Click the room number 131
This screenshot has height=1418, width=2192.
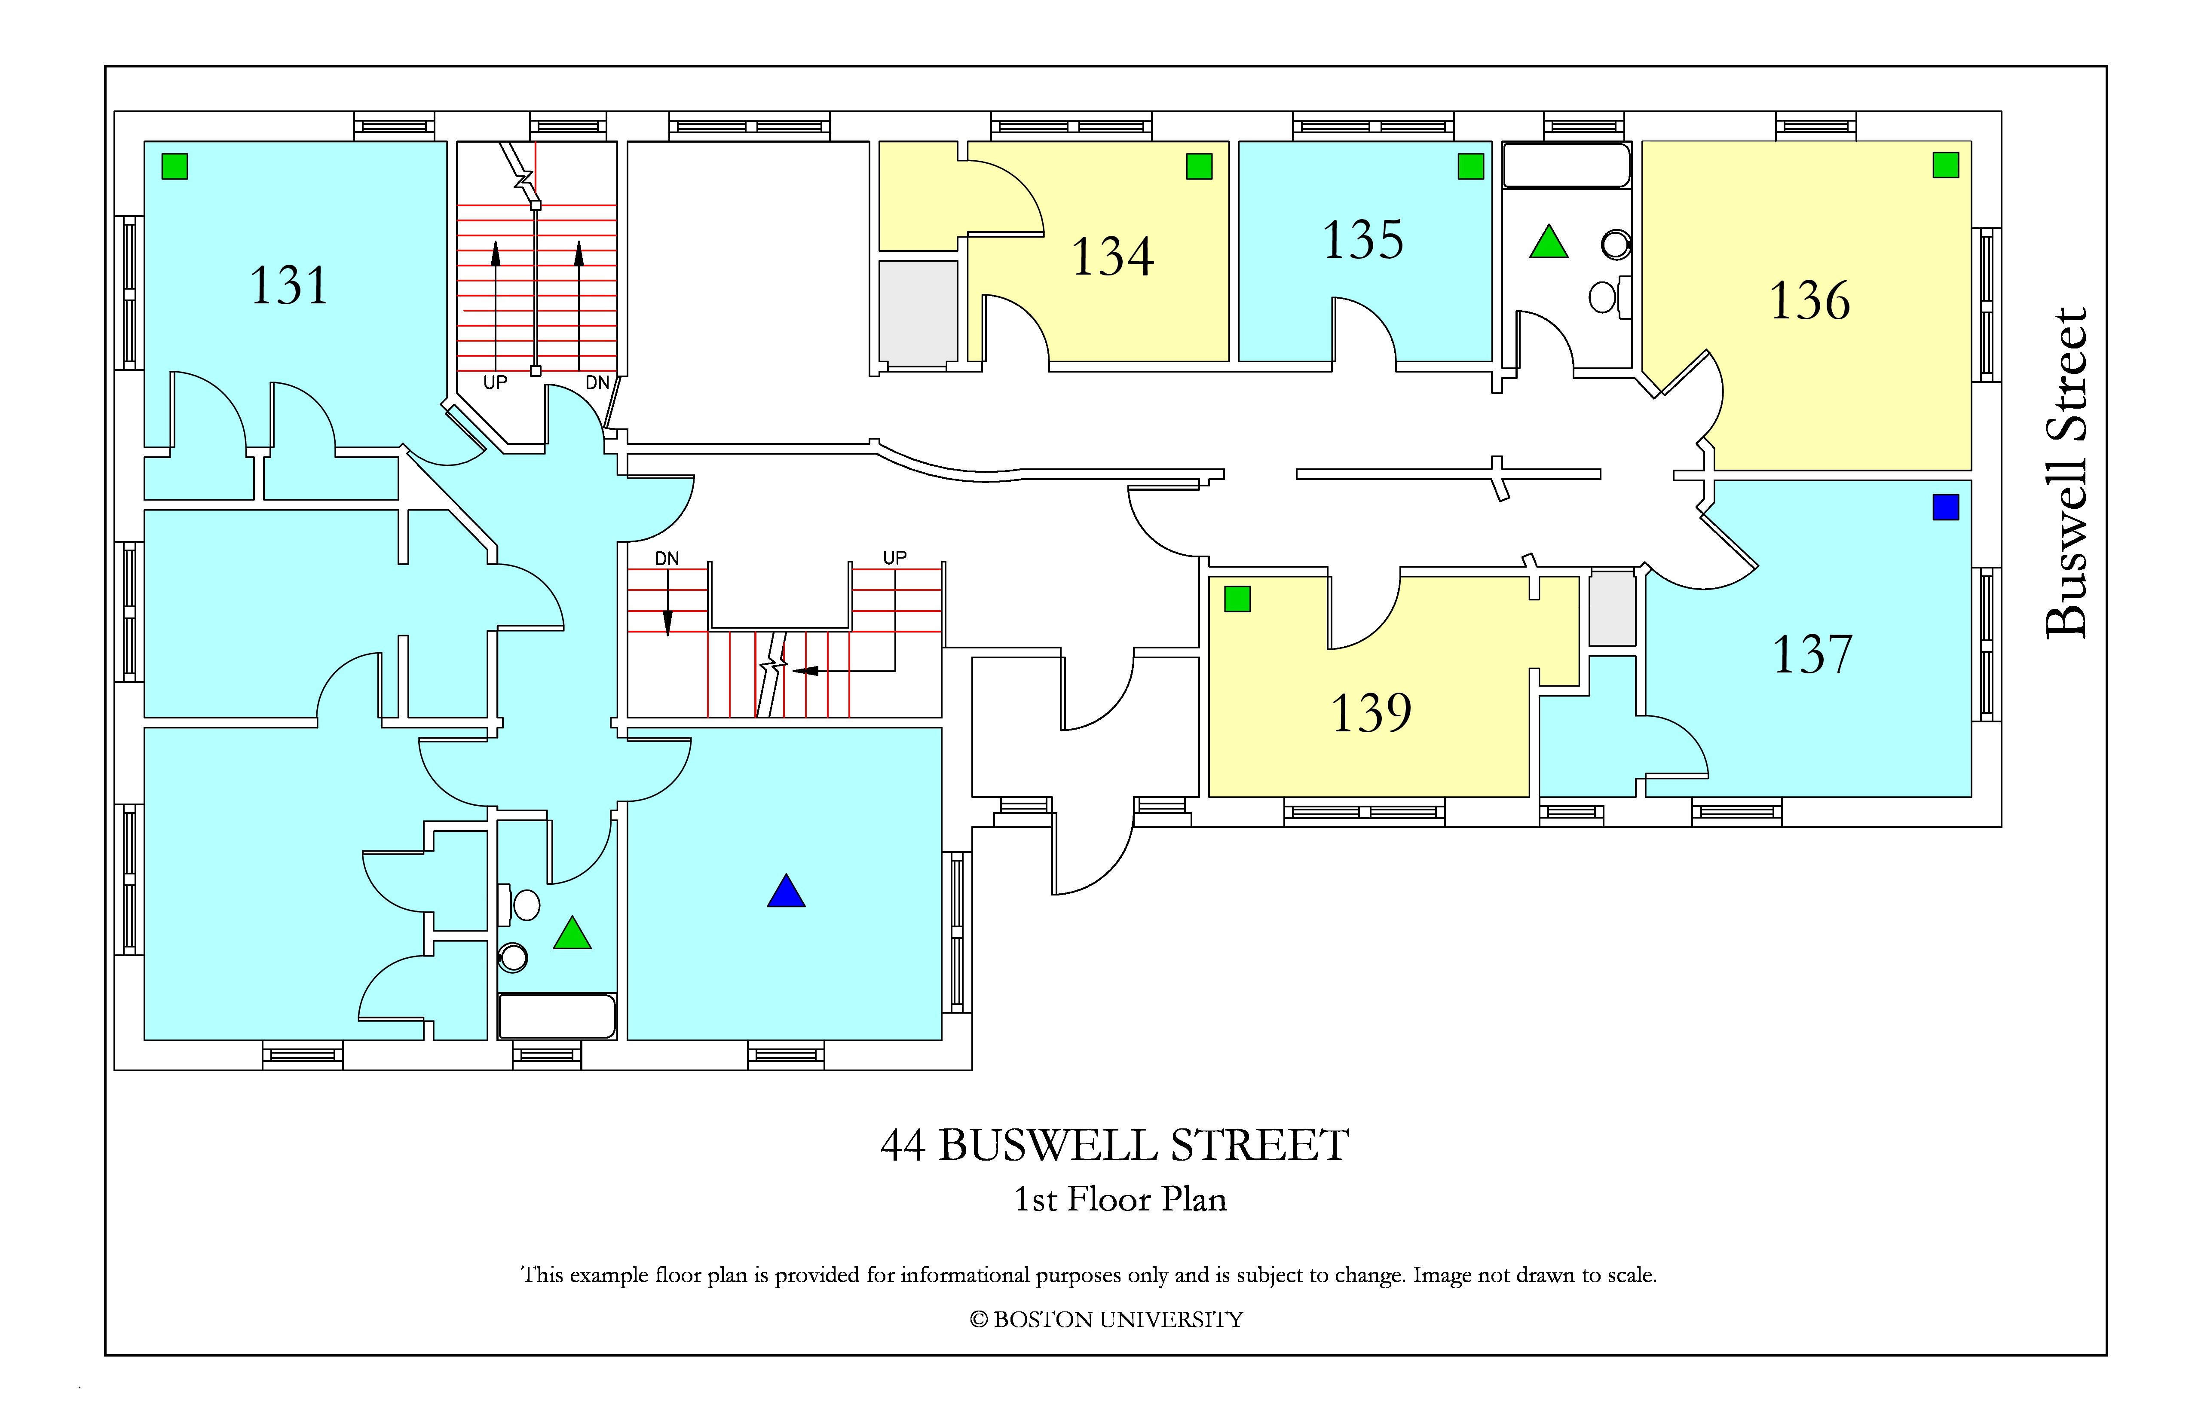(288, 285)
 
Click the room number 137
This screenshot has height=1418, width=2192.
(1812, 655)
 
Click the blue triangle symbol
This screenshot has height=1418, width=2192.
(786, 891)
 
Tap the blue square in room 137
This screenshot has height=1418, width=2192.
(1945, 507)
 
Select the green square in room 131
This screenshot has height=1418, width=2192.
(175, 167)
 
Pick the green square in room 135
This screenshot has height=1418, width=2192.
(1471, 167)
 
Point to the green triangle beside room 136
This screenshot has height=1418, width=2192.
(1548, 242)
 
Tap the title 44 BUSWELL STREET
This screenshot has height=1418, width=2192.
(1114, 1146)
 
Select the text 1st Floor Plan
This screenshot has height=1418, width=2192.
(1120, 1199)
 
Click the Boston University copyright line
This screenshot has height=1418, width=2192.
(1106, 1320)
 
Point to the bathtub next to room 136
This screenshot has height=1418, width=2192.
(1567, 166)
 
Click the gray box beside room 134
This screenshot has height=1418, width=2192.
(918, 313)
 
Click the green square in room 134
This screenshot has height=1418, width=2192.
(1199, 167)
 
